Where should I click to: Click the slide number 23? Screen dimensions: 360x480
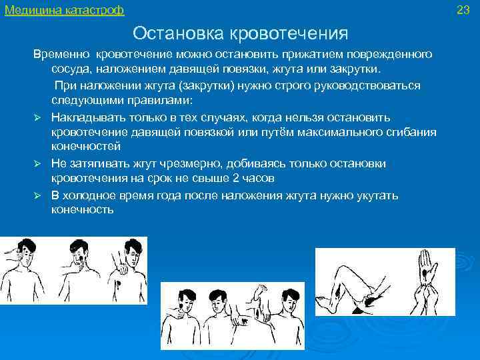(x=464, y=10)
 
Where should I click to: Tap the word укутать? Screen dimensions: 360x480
(x=377, y=195)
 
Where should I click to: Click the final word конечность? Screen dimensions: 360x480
(x=83, y=210)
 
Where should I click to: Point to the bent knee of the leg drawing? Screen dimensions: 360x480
(x=349, y=264)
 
